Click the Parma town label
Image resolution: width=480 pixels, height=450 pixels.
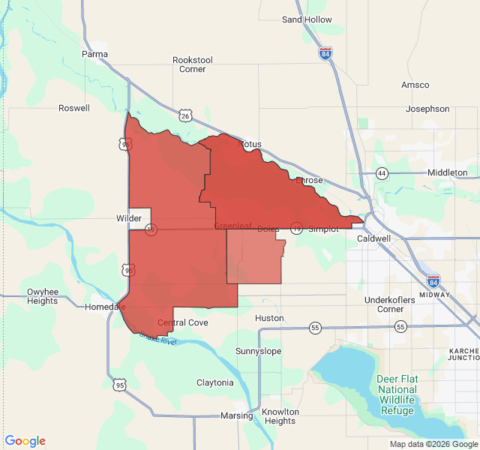click(95, 54)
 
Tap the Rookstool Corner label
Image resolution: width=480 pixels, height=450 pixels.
click(193, 64)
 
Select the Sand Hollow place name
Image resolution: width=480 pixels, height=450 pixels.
click(306, 19)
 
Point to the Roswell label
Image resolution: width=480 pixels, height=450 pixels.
click(74, 108)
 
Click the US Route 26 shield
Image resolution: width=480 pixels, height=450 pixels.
click(186, 115)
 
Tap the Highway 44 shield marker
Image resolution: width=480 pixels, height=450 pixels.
click(382, 173)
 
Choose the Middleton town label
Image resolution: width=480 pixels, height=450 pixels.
click(447, 172)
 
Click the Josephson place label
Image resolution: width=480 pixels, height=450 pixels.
click(427, 109)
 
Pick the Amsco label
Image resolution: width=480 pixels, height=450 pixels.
click(415, 85)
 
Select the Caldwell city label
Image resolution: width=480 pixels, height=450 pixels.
click(373, 238)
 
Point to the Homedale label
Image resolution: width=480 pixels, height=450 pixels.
click(104, 307)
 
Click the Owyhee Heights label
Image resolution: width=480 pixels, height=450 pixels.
click(42, 296)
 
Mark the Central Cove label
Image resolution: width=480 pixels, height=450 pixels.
click(182, 322)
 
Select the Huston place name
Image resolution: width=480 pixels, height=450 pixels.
click(269, 318)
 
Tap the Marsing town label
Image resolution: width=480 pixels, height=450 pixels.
click(237, 415)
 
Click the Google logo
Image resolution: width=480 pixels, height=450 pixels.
click(25, 441)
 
